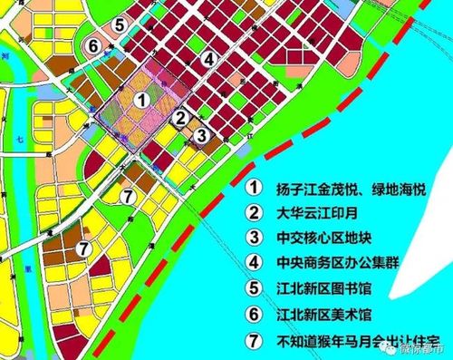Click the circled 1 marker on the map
pyautogui.click(x=140, y=101)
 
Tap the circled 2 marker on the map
pyautogui.click(x=181, y=117)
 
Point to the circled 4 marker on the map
pyautogui.click(x=209, y=59)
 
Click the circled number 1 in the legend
pyautogui.click(x=256, y=189)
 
